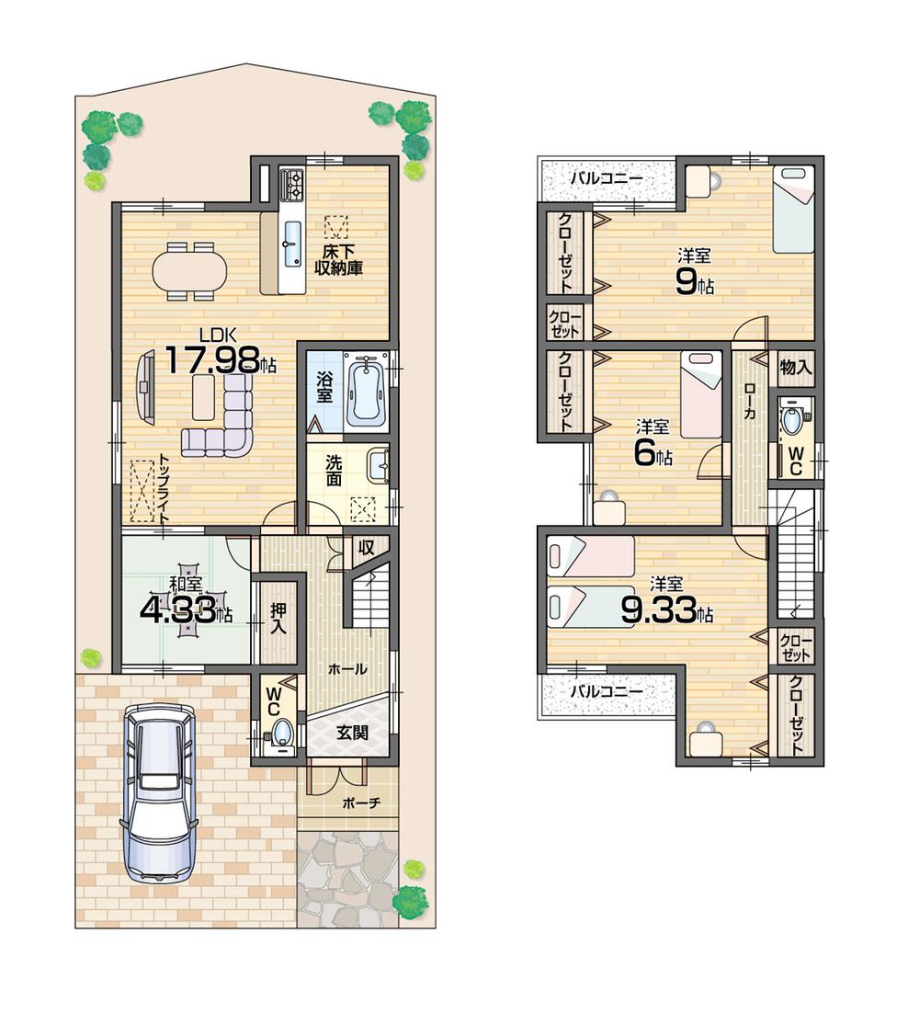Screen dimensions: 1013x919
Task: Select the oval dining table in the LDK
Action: point(188,271)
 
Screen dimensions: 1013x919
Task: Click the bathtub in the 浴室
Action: point(367,391)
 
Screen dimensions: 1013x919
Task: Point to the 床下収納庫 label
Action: point(339,258)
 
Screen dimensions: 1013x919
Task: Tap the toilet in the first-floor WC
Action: point(279,733)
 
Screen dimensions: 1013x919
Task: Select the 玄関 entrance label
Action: point(347,733)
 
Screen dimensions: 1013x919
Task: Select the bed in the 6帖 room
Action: point(701,394)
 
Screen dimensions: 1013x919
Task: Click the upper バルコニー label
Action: point(605,178)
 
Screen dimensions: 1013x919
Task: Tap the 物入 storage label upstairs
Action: point(796,367)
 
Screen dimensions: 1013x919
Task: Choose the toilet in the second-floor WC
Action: point(791,421)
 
